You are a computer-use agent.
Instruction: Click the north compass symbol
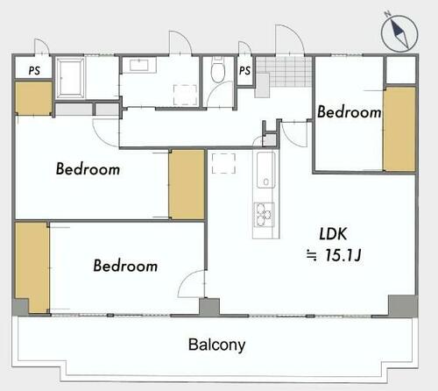(399, 32)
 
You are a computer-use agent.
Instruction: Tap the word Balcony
(216, 345)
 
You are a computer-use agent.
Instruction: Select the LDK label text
(333, 234)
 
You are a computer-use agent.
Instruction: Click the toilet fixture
(218, 69)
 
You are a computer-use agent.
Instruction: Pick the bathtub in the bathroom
(70, 78)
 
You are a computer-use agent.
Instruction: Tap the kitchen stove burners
(264, 215)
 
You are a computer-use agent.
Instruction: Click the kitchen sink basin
(265, 170)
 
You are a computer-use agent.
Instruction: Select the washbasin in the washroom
(139, 65)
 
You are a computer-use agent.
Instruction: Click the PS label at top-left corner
(34, 70)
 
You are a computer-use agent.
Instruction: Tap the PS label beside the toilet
(244, 70)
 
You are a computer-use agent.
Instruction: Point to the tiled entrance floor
(284, 72)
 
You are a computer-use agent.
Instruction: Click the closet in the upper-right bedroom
(399, 129)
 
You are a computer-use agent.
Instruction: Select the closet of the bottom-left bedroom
(32, 268)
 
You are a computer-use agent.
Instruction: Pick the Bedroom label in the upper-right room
(349, 112)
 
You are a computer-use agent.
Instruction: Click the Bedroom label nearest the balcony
(125, 266)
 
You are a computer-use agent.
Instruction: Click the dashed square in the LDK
(223, 163)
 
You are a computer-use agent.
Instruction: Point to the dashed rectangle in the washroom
(185, 95)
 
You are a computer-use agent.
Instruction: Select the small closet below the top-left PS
(33, 98)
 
